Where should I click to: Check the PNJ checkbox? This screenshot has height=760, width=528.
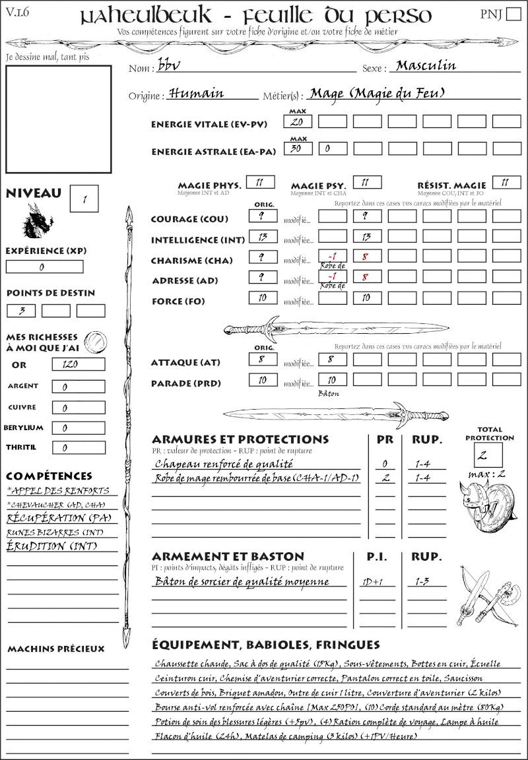coord(513,15)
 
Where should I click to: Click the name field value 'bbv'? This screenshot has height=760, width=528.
coord(169,66)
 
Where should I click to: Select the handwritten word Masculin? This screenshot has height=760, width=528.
coord(426,65)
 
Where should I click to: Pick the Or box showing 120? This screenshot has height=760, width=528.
coord(78,364)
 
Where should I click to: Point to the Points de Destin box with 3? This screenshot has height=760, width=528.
coord(21,311)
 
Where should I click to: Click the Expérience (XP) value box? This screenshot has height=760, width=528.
coord(44,267)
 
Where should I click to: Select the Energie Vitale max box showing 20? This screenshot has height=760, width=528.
coord(298,122)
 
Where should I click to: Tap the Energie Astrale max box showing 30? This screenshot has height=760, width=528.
coord(298,149)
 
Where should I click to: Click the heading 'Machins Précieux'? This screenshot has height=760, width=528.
coord(55,649)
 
